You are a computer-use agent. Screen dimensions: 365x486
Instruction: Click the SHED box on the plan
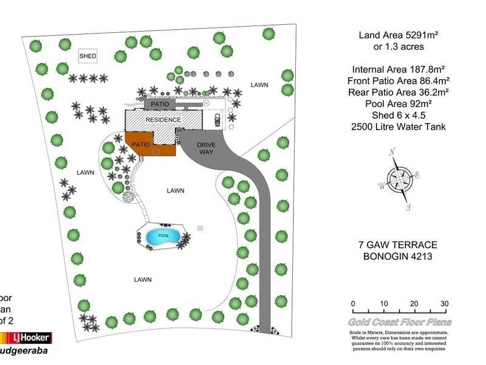point(88,57)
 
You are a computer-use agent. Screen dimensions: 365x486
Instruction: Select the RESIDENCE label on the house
point(163,120)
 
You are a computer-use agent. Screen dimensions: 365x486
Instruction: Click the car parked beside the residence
point(217,120)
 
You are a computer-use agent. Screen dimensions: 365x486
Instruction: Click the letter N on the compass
point(393,151)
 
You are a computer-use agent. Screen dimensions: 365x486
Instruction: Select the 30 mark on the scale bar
point(444,304)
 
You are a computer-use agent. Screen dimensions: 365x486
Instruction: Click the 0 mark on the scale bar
point(353,304)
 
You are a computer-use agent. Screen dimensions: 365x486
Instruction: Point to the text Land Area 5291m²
point(398,36)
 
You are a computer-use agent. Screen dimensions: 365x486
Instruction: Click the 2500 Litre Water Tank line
point(398,127)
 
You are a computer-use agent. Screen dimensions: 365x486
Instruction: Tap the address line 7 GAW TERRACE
point(398,244)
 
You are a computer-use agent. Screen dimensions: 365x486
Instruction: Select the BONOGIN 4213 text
point(398,256)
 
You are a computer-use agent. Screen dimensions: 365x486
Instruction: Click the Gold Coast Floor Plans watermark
point(398,322)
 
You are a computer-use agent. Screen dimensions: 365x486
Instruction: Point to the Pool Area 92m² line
point(398,104)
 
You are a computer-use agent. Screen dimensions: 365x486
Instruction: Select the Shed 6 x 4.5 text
point(398,116)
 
